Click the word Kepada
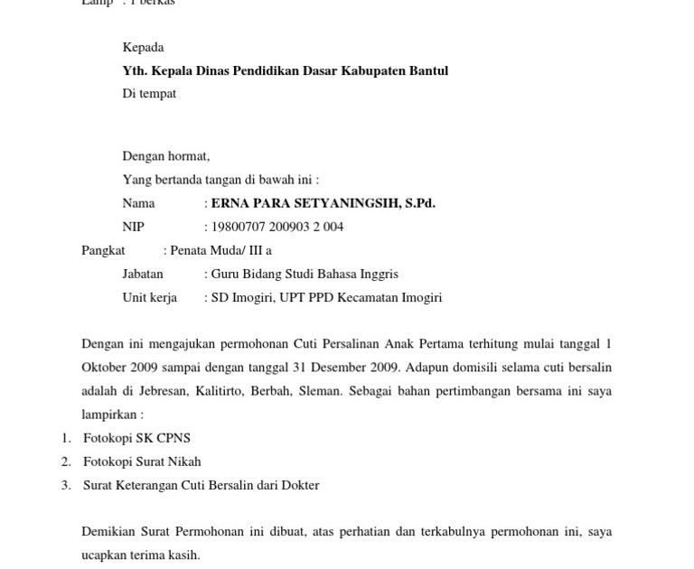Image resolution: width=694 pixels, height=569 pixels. click(143, 47)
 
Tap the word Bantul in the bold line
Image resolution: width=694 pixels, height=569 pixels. click(427, 70)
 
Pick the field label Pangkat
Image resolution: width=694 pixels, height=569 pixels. click(103, 250)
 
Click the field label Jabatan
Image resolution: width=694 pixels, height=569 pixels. click(143, 274)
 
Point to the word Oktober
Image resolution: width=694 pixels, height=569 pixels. click(105, 368)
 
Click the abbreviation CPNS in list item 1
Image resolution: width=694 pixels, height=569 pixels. click(173, 438)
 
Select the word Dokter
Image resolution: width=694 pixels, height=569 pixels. click(300, 485)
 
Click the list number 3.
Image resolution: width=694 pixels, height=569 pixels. click(66, 485)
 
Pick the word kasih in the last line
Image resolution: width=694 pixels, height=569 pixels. click(183, 555)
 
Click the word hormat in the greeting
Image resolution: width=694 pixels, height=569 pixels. click(189, 156)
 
